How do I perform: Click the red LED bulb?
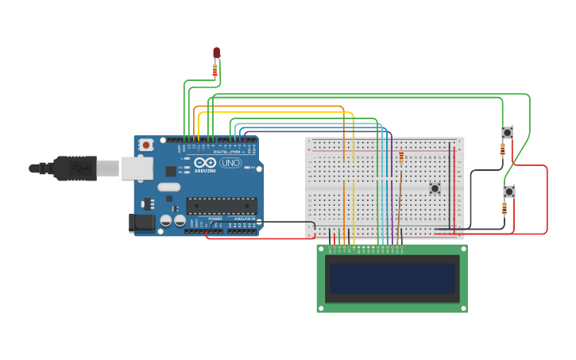coord(216,52)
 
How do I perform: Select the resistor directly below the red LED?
coord(215,71)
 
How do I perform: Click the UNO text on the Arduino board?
coord(230,163)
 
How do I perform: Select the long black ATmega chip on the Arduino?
coord(221,206)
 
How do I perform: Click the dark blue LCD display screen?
coord(392,278)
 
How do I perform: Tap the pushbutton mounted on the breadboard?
coord(435,188)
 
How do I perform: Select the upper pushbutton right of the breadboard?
coord(507,132)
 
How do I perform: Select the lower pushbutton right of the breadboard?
coord(509,191)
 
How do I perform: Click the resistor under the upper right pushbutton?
coord(503,149)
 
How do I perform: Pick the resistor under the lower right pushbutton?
coord(505,208)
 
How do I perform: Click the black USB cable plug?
coord(75,168)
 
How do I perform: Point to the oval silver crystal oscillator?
coord(169,188)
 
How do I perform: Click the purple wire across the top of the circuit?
coord(318,131)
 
